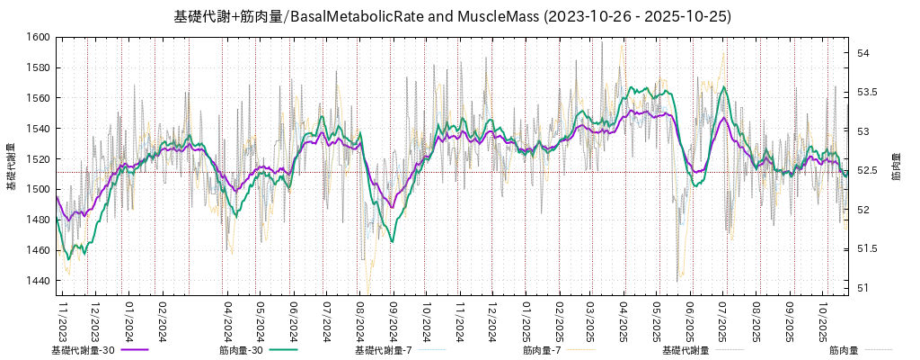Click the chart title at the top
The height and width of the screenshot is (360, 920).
(x=452, y=16)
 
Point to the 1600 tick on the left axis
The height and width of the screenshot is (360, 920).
(x=38, y=37)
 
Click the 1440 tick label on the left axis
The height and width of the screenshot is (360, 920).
(x=38, y=281)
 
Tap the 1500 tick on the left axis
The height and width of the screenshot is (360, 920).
(x=38, y=189)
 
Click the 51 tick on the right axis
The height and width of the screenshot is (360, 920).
(x=862, y=288)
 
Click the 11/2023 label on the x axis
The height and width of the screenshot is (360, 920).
(x=63, y=320)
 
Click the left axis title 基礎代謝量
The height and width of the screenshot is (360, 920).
(x=12, y=166)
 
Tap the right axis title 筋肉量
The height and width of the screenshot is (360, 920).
(x=897, y=166)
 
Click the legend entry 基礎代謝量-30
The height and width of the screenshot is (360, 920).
(x=83, y=350)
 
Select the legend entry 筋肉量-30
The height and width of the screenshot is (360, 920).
(x=241, y=350)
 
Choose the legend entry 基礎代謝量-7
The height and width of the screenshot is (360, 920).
(x=384, y=350)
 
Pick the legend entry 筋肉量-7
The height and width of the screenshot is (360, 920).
(x=542, y=350)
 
